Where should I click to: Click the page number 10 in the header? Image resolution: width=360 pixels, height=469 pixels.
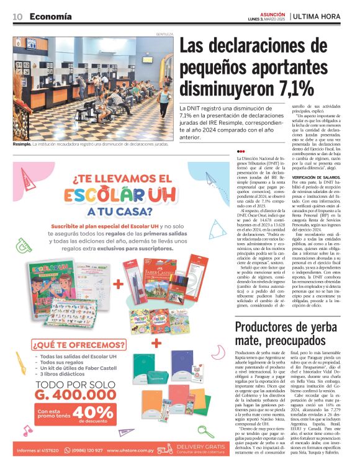(17, 16)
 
